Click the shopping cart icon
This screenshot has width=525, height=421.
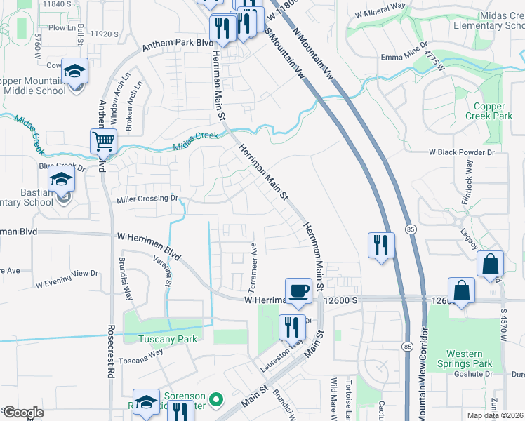(103, 141)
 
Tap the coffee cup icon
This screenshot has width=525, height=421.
(298, 290)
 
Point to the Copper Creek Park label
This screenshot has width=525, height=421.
(489, 111)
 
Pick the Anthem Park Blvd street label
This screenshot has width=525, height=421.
(178, 45)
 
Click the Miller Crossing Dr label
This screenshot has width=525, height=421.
(147, 199)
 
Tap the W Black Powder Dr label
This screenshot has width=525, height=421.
(462, 152)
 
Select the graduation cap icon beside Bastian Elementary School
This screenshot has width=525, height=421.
(62, 180)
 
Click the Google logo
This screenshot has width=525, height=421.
(23, 412)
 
